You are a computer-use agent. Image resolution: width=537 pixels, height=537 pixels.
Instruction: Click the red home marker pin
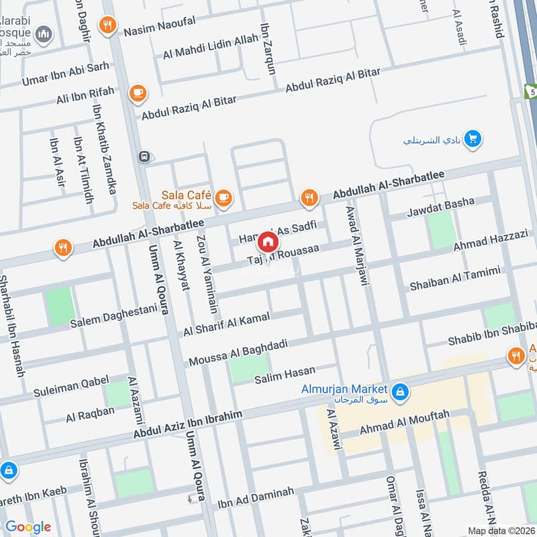[268, 242]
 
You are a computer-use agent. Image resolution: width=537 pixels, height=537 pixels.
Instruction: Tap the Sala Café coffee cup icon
[224, 197]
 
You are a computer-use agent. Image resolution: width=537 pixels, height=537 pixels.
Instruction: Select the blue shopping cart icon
[473, 139]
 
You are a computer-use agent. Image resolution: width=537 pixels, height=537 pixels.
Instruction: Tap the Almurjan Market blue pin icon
[399, 391]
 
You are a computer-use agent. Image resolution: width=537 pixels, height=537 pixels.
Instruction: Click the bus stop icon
[143, 156]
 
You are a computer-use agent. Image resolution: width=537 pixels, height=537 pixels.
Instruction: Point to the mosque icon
[44, 34]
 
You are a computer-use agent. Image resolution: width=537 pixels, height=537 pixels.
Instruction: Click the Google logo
[28, 527]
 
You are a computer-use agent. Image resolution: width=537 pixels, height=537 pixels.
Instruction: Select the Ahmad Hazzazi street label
[491, 240]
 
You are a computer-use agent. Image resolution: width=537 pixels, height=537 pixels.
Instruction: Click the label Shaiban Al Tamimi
[455, 279]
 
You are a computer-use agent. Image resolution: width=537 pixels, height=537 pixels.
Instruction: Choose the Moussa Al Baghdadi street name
[238, 352]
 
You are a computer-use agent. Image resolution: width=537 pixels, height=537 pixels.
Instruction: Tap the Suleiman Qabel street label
[71, 386]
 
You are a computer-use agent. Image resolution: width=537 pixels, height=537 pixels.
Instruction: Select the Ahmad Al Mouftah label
[404, 422]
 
